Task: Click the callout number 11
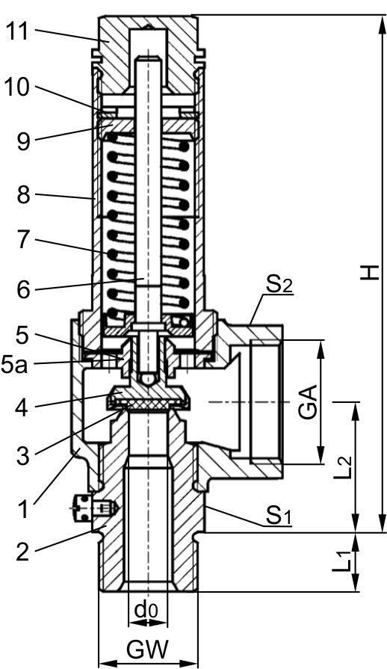pos(17,31)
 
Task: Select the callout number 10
pos(17,87)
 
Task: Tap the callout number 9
pos(24,141)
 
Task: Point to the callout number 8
pos(24,195)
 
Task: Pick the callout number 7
pos(24,241)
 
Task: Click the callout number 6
pos(24,290)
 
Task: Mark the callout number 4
pos(22,408)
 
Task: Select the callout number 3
pos(23,456)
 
